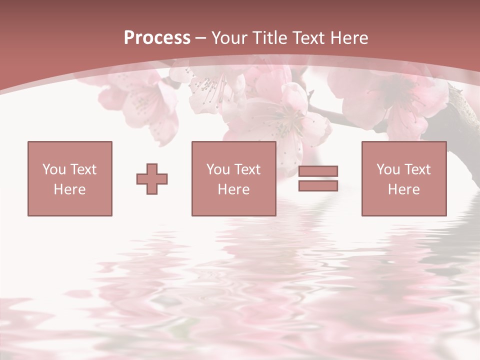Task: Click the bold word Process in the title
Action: (157, 38)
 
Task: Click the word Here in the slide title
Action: (350, 38)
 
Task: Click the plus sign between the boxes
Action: (152, 179)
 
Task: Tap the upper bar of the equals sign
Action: (318, 171)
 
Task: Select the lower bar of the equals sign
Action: (318, 186)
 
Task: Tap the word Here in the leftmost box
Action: (70, 189)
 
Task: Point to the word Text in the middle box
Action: (247, 169)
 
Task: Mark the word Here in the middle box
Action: (234, 189)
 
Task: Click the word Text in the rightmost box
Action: (417, 169)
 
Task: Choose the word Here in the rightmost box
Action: (404, 189)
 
